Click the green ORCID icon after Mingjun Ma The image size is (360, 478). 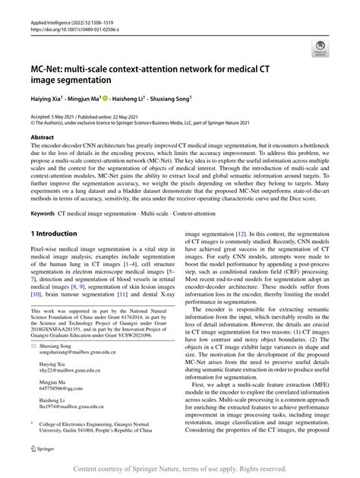(x=106, y=98)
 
